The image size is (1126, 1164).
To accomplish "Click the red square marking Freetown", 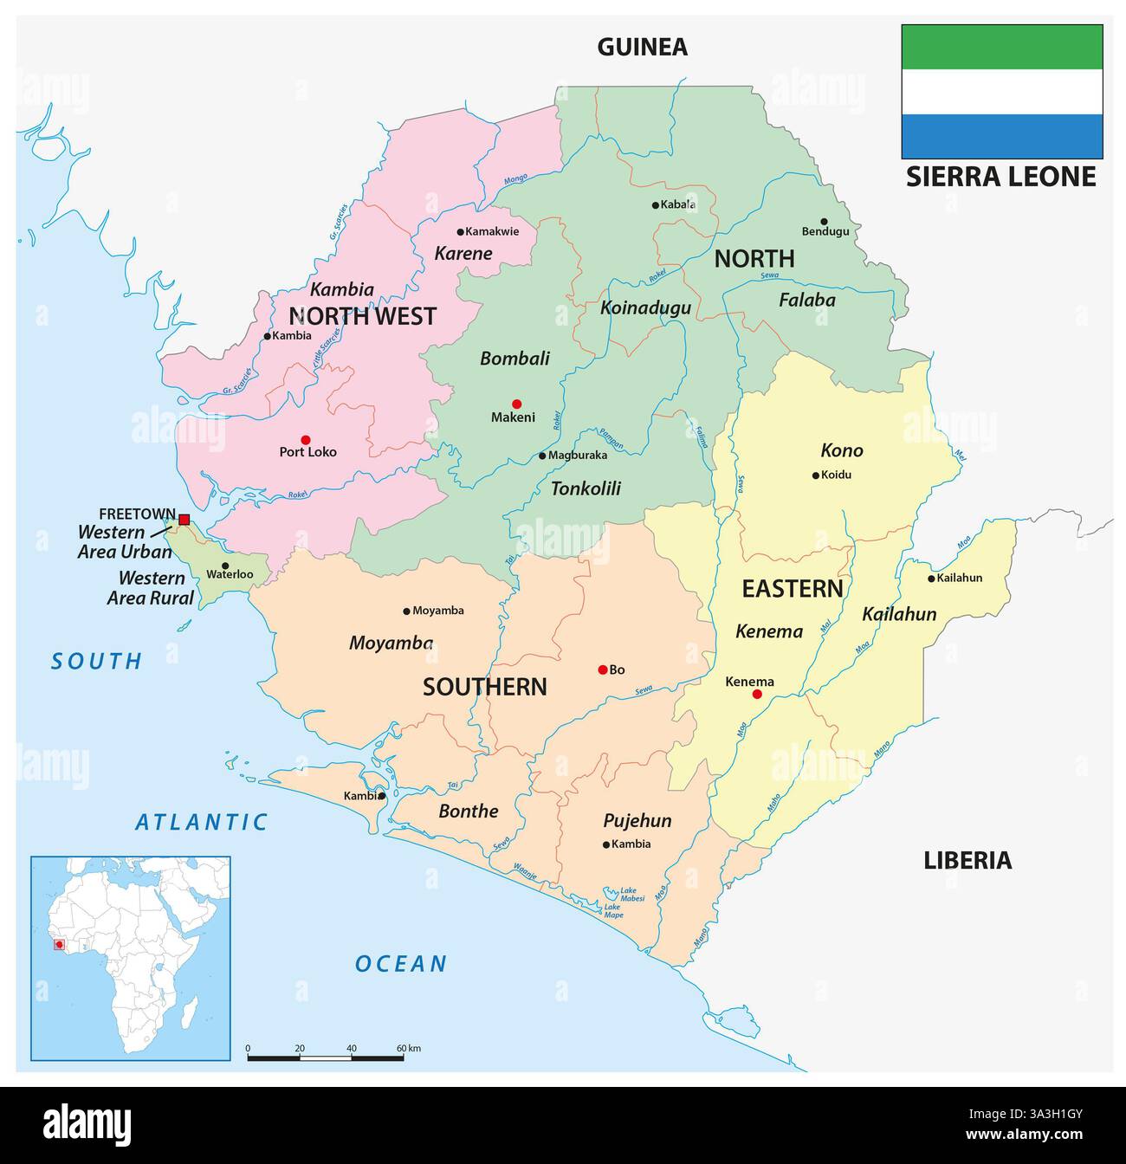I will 184,520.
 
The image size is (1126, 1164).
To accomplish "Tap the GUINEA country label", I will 642,47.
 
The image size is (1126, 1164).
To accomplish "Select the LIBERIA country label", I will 967,860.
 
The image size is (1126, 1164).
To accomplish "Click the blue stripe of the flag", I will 1001,136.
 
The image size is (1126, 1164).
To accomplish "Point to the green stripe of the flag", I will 1001,47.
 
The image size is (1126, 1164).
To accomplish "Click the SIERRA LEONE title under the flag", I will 1000,177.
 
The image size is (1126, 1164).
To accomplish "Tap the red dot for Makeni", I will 516,404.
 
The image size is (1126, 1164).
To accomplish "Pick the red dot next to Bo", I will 602,669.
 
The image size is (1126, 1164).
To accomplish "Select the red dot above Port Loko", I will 305,439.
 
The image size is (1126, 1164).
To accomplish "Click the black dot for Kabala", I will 656,205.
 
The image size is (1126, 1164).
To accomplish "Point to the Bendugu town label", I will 825,232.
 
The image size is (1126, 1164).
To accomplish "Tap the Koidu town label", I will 836,475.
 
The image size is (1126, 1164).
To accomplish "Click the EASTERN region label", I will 792,589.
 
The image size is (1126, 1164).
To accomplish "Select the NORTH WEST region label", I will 362,316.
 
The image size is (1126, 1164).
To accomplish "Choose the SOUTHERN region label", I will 484,687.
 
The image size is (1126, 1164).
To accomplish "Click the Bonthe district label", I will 468,812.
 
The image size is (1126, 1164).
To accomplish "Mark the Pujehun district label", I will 637,821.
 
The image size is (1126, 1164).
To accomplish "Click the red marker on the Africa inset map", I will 59,945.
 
